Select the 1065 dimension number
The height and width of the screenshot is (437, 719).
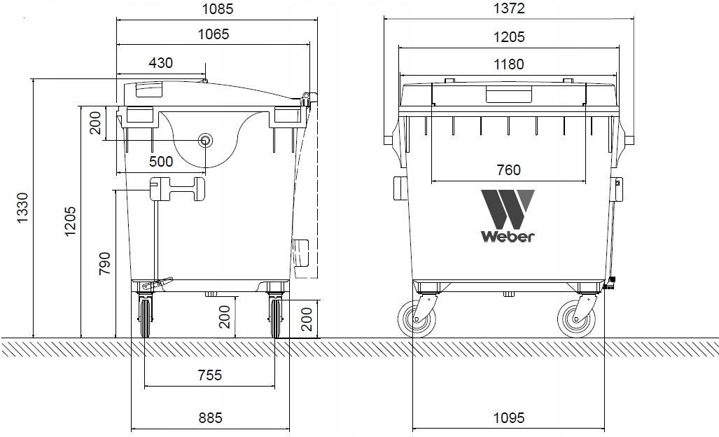point(213,34)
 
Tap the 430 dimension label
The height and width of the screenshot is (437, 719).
point(160,62)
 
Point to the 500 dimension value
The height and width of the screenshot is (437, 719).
point(160,162)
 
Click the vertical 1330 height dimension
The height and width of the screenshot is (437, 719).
point(22,208)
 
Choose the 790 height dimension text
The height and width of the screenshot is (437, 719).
point(104,263)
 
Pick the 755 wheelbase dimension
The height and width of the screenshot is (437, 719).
point(209,375)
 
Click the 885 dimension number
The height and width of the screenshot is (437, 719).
point(210,418)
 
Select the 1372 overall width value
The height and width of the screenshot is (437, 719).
point(508,9)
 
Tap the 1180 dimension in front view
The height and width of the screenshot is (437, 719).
point(508,64)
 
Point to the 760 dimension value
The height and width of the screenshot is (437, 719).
point(508,169)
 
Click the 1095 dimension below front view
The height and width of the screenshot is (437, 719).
point(508,418)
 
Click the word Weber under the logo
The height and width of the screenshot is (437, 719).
point(508,236)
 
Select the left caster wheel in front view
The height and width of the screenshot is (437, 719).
point(417,319)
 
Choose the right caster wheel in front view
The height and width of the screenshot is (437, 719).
point(576,319)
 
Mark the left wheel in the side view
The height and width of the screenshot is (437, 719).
point(145,318)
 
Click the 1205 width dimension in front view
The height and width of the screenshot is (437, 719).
point(508,36)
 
